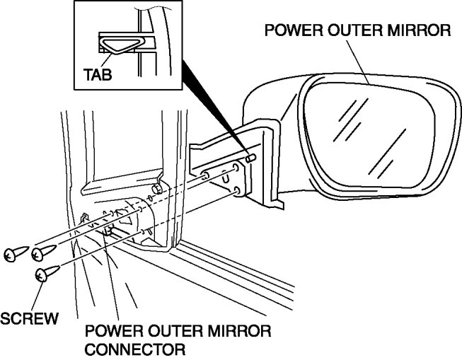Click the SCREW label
click(x=28, y=319)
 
